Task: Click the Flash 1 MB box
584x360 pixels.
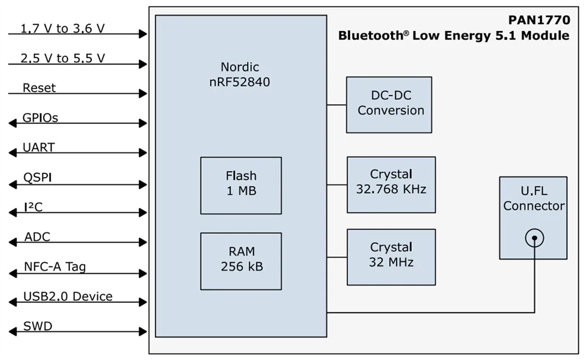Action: click(x=241, y=185)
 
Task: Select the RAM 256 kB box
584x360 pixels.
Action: click(x=241, y=261)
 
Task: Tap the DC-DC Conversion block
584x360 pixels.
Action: click(x=389, y=105)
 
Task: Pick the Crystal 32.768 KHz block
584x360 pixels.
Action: click(x=391, y=184)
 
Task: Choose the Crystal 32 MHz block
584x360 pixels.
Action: click(x=391, y=257)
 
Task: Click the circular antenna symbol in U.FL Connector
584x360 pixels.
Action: click(x=534, y=238)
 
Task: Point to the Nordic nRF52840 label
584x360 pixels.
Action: click(x=240, y=74)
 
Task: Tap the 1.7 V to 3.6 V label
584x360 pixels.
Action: click(x=62, y=29)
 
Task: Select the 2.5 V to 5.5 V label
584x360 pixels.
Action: click(x=62, y=58)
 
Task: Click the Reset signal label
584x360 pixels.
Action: click(x=39, y=88)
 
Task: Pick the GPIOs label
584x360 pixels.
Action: click(x=40, y=118)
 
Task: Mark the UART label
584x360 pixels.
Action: click(x=39, y=147)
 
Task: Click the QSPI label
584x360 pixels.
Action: click(x=37, y=178)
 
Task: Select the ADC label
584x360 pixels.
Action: click(x=37, y=237)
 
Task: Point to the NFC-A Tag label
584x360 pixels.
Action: click(x=55, y=267)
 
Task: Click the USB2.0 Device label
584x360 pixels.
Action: click(x=68, y=296)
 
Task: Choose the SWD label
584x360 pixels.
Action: click(x=37, y=326)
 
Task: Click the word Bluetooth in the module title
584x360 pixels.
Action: click(x=367, y=36)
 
